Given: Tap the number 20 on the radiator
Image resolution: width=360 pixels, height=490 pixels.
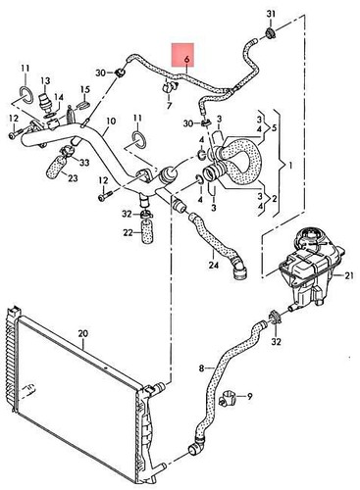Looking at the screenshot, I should click(x=83, y=335).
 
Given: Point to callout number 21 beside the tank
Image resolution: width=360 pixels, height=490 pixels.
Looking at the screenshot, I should click(x=346, y=279).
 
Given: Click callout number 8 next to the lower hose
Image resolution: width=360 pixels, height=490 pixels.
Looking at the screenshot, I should click(x=204, y=367).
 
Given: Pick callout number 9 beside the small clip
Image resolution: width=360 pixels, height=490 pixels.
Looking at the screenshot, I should click(x=249, y=396).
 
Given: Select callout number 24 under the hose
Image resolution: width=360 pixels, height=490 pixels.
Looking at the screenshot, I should click(x=213, y=264).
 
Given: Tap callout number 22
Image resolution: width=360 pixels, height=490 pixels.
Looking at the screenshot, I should click(x=128, y=232).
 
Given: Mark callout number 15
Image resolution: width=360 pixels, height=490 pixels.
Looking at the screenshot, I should click(x=85, y=91).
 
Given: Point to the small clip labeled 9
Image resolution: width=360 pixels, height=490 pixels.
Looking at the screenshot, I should click(x=229, y=398).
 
